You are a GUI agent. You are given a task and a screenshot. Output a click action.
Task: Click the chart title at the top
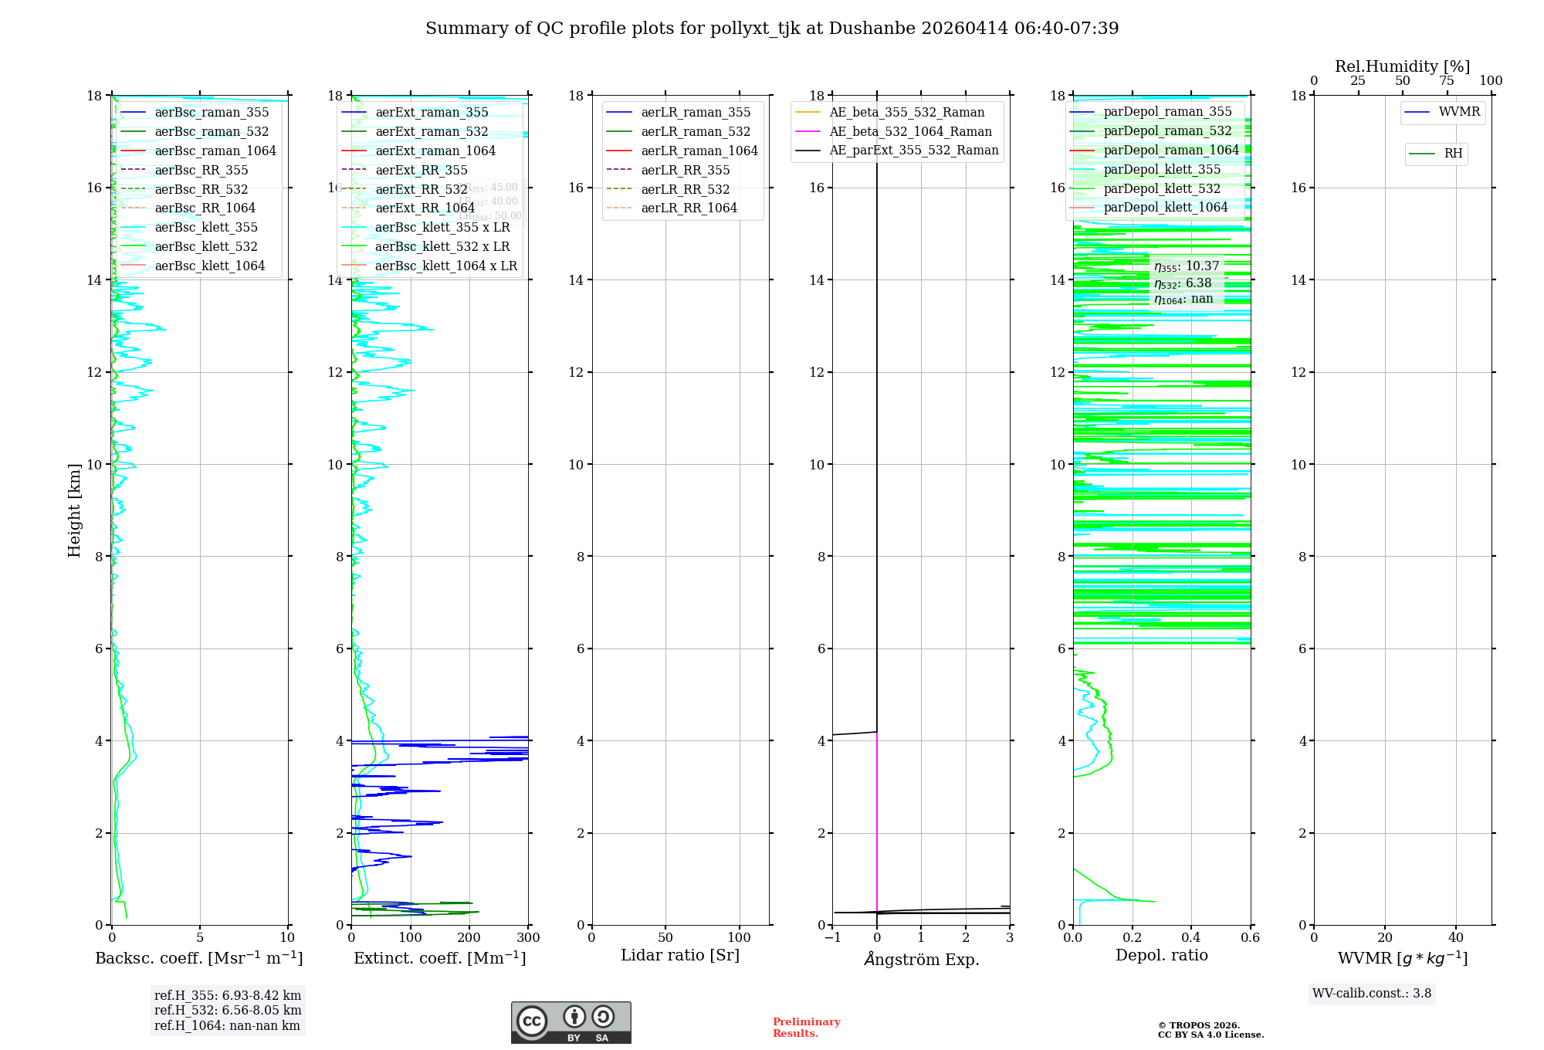(x=772, y=29)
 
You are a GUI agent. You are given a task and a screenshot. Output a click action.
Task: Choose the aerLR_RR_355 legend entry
(x=685, y=171)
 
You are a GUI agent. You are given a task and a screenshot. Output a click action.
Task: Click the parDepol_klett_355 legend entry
(x=1162, y=170)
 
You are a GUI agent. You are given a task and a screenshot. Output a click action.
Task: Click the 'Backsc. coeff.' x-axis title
(x=199, y=958)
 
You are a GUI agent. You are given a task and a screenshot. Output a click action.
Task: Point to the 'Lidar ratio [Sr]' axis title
(x=680, y=956)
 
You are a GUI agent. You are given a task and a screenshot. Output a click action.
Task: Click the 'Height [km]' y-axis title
(x=74, y=510)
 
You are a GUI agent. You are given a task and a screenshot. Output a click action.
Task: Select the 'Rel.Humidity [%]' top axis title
(x=1403, y=66)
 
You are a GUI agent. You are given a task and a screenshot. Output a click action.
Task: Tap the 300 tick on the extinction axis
(x=529, y=938)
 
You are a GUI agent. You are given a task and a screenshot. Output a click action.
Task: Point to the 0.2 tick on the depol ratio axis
(x=1133, y=938)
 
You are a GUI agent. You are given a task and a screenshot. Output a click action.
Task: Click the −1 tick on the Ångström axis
(x=832, y=938)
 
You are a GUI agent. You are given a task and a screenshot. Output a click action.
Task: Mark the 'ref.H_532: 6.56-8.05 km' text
(x=228, y=1011)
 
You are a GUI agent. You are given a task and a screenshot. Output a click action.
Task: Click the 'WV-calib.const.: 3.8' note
(x=1372, y=994)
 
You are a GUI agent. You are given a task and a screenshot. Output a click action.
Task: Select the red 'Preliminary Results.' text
(x=806, y=1028)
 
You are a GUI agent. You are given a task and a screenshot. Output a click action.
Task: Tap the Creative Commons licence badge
(x=571, y=1023)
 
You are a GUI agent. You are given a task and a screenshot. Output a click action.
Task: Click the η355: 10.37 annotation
(x=1187, y=267)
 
